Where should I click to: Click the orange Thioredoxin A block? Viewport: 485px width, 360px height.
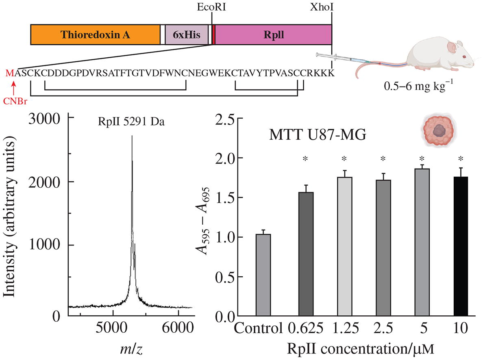95,35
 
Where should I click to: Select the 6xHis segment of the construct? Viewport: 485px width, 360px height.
187,35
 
